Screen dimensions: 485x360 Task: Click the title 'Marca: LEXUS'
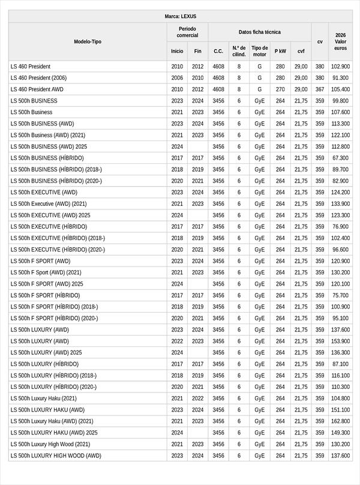(180, 16)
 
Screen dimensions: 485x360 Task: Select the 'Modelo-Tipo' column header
(88, 41)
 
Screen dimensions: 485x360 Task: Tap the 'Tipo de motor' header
(259, 51)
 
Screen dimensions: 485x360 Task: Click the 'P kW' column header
(280, 51)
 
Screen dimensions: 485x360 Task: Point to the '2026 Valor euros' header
(340, 41)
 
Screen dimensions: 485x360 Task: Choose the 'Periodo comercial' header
(187, 32)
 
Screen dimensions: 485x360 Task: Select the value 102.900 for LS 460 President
(340, 66)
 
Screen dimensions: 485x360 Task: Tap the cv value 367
(319, 89)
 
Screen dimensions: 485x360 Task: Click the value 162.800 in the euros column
(340, 421)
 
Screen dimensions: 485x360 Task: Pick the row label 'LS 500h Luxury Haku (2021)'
(44, 398)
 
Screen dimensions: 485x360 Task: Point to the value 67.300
(340, 158)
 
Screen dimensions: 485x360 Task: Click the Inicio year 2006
(177, 77)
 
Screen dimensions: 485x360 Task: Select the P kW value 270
(280, 89)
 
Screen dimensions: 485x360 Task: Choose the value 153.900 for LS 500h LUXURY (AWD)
(340, 341)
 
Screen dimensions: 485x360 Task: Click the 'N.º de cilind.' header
(239, 51)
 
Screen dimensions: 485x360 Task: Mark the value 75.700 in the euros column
(340, 295)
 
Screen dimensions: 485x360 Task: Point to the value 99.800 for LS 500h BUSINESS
(340, 101)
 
